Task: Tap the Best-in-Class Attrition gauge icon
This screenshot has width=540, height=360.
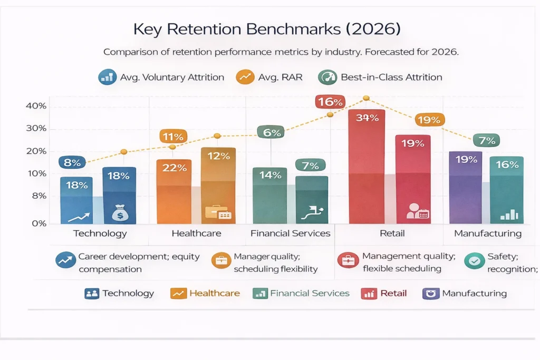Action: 327,77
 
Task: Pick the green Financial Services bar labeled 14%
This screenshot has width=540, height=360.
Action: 270,195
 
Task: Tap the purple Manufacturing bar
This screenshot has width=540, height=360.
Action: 465,187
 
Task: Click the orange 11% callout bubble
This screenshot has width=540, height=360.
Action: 173,137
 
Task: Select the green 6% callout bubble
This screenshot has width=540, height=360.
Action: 271,133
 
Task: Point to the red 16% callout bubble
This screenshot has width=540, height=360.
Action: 330,101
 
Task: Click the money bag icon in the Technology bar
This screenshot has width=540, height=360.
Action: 119,213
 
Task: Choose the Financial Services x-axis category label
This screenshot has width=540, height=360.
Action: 290,233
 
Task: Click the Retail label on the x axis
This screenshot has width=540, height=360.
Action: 389,233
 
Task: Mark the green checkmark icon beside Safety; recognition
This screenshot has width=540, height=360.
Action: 475,260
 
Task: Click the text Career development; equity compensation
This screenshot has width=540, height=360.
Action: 138,262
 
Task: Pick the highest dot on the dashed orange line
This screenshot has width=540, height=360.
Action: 366,98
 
